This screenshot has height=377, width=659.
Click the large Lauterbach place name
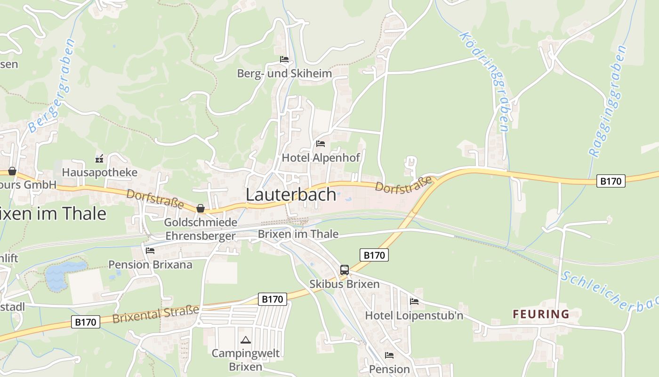tap(291, 195)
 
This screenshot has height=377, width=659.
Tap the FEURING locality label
tap(541, 314)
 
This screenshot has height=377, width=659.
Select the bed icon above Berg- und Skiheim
tap(284, 59)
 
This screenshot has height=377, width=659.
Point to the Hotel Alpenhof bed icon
tap(321, 143)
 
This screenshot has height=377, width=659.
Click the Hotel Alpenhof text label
tap(321, 157)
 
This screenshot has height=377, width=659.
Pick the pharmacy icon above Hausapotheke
tap(99, 158)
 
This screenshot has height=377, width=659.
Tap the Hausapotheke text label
tap(100, 172)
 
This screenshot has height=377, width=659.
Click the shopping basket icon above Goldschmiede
tap(201, 208)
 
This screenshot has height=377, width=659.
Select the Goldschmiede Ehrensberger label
tap(200, 229)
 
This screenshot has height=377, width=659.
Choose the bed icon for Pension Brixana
tap(150, 250)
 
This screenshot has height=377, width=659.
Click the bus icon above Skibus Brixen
tap(345, 270)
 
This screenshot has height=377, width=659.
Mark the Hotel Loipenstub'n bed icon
tap(414, 301)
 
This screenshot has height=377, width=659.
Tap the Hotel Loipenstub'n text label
tap(414, 315)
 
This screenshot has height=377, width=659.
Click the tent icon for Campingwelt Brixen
tap(245, 340)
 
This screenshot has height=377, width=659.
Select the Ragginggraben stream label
tap(608, 101)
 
